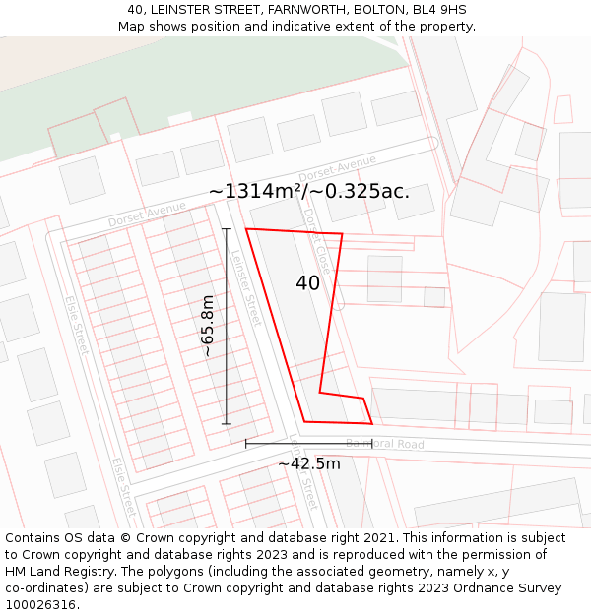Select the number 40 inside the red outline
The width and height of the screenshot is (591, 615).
point(307,283)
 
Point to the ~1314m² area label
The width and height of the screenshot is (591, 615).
point(308,191)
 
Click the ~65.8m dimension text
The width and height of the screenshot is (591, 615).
point(208,326)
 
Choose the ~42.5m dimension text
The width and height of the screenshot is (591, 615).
point(308,463)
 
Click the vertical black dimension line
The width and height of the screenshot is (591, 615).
point(227,326)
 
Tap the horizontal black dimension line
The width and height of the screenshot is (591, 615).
point(308,444)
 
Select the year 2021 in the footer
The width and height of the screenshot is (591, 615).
point(376,538)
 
